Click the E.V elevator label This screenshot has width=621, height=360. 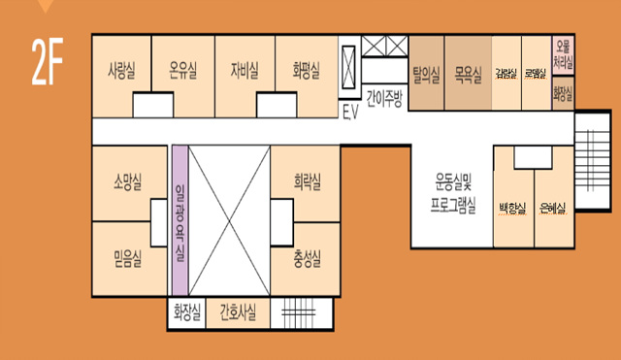350,110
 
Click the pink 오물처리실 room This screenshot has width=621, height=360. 563,55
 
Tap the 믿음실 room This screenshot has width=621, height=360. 128,257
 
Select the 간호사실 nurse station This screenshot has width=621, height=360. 238,311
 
